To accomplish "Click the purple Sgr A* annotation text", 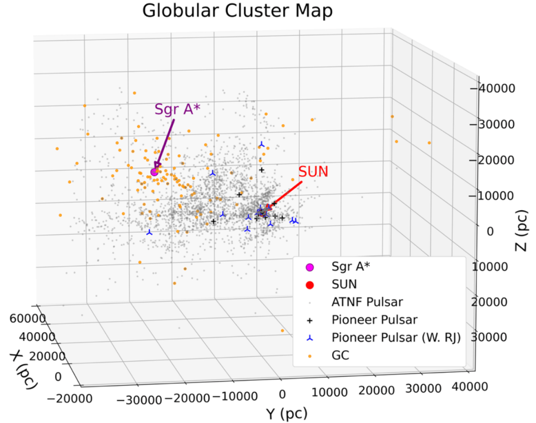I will [x=178, y=109].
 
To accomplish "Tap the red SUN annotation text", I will [x=313, y=171].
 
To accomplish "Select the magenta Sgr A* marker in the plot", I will [x=155, y=172].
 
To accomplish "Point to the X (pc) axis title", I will [x=24, y=370].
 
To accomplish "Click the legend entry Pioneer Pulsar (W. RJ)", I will [x=396, y=338].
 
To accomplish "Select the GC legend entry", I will [x=341, y=355].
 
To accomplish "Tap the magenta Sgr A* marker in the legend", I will [x=309, y=266].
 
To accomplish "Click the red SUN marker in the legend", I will [x=309, y=284].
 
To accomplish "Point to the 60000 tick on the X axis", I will [x=28, y=319].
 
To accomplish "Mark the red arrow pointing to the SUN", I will [x=286, y=194].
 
